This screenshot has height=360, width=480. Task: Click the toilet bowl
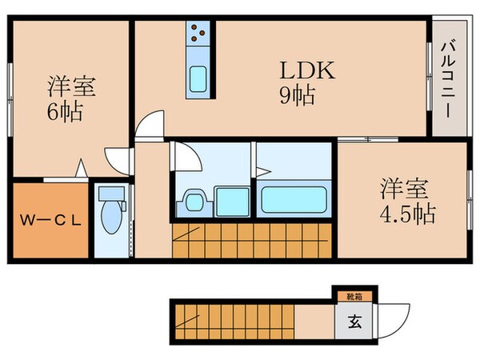[x=107, y=216]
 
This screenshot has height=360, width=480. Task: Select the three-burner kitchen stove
[x=197, y=33]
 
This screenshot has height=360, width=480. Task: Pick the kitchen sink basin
[x=197, y=80]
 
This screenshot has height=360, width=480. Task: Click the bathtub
[x=292, y=199]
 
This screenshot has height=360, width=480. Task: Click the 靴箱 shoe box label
[x=352, y=296]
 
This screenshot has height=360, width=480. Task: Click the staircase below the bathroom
[x=250, y=238]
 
